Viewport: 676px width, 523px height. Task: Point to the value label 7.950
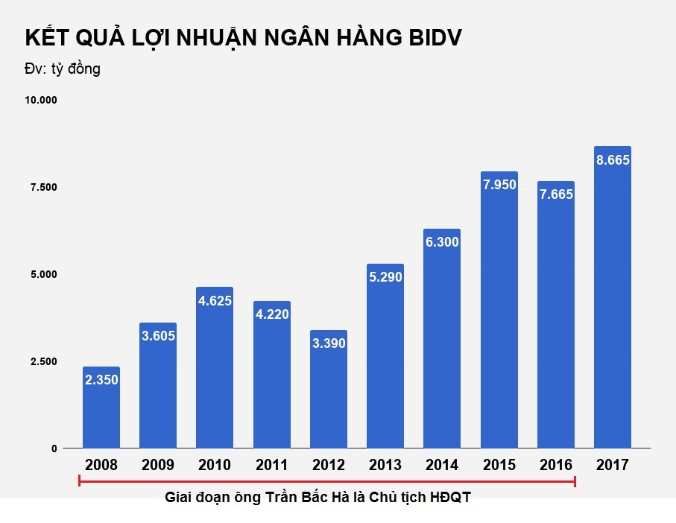click(499, 185)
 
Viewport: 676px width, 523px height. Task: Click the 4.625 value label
click(215, 301)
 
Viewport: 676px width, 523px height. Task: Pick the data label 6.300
click(442, 242)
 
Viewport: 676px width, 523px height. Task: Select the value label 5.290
click(385, 277)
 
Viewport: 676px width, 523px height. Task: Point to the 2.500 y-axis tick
click(44, 361)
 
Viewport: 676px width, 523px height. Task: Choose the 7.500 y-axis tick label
click(44, 187)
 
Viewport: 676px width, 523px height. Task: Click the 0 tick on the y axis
click(54, 448)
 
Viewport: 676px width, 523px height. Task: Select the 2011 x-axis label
click(271, 466)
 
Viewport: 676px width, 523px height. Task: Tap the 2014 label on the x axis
click(442, 466)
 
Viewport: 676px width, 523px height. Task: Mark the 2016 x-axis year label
click(556, 466)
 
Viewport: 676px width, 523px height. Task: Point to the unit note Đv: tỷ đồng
click(63, 69)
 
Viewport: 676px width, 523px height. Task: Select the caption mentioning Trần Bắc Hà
click(318, 498)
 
